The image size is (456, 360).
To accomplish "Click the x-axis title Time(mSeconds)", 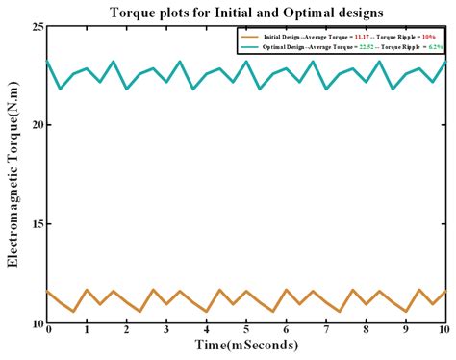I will tap(245, 345).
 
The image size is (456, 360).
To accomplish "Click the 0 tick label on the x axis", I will tap(47, 329).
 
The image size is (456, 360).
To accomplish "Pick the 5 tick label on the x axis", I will tap(246, 329).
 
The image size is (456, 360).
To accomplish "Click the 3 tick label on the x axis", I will tap(166, 329).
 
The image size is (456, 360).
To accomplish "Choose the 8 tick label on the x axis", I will tap(366, 329).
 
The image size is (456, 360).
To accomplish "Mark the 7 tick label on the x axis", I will tap(326, 329).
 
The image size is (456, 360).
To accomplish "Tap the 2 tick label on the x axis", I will tap(127, 329).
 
